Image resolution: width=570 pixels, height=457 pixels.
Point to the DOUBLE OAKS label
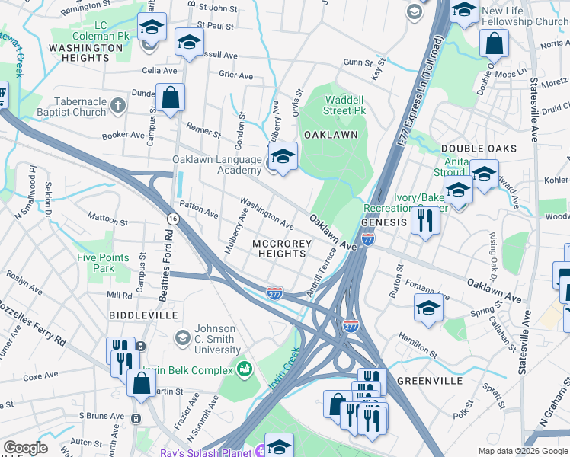pyautogui.click(x=479, y=149)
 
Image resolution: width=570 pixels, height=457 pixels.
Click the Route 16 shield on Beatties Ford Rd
pyautogui.click(x=173, y=219)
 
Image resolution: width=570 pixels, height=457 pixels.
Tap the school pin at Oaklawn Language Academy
pyautogui.click(x=283, y=158)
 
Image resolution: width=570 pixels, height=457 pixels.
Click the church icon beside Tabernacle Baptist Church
pyautogui.click(x=117, y=104)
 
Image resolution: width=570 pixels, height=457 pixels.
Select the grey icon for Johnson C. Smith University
pyautogui.click(x=182, y=336)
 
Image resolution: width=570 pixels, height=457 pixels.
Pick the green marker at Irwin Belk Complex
pyautogui.click(x=245, y=370)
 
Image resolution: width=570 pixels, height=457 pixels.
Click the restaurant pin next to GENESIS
pyautogui.click(x=424, y=221)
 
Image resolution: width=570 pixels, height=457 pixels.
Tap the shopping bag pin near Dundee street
pyautogui.click(x=170, y=97)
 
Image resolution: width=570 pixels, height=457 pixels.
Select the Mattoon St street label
pyautogui.click(x=108, y=220)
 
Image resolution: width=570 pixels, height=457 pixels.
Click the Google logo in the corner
pyautogui.click(x=25, y=447)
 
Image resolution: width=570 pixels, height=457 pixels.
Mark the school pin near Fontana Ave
pyautogui.click(x=429, y=308)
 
